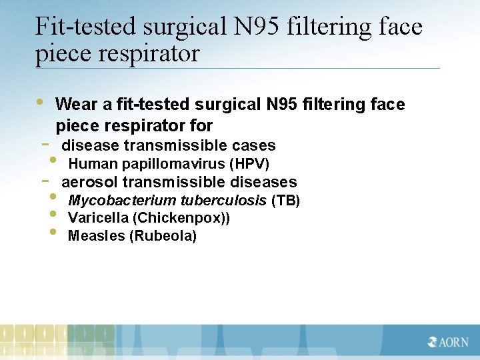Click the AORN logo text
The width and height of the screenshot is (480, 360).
tap(453, 342)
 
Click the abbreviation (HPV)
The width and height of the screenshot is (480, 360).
tap(249, 164)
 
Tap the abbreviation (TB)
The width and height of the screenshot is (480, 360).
tap(285, 201)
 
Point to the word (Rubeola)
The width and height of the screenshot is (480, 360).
tap(163, 236)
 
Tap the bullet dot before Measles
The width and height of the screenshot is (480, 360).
tap(53, 233)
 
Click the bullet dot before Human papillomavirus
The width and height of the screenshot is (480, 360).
tap(53, 161)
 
